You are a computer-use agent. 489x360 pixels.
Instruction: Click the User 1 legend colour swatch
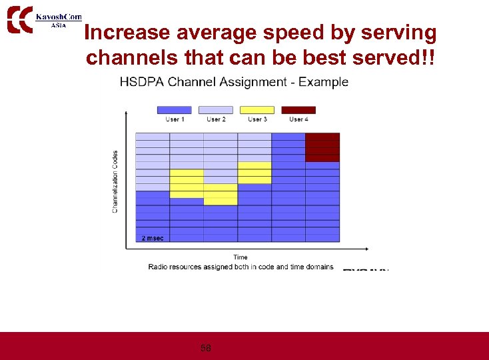[174, 110]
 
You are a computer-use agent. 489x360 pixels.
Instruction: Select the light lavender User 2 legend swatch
[216, 110]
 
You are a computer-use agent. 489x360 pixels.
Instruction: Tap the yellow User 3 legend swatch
[257, 110]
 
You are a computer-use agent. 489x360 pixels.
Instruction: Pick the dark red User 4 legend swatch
[298, 110]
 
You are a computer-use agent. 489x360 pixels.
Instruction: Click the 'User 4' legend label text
[298, 119]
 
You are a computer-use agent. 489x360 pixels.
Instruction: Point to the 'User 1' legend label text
[175, 119]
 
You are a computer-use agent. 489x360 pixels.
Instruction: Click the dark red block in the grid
[322, 147]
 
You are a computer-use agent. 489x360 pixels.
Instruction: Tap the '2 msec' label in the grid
[153, 238]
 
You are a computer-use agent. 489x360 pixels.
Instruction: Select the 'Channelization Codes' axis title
[115, 181]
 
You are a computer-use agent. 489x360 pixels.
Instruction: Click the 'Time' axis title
[241, 257]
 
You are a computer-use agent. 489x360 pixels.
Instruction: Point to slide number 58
[206, 348]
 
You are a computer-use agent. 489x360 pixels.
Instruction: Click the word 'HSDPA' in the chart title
[141, 82]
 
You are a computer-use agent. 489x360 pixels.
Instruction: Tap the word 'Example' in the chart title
[323, 82]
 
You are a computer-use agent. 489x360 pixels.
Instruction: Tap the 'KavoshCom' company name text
[59, 16]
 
